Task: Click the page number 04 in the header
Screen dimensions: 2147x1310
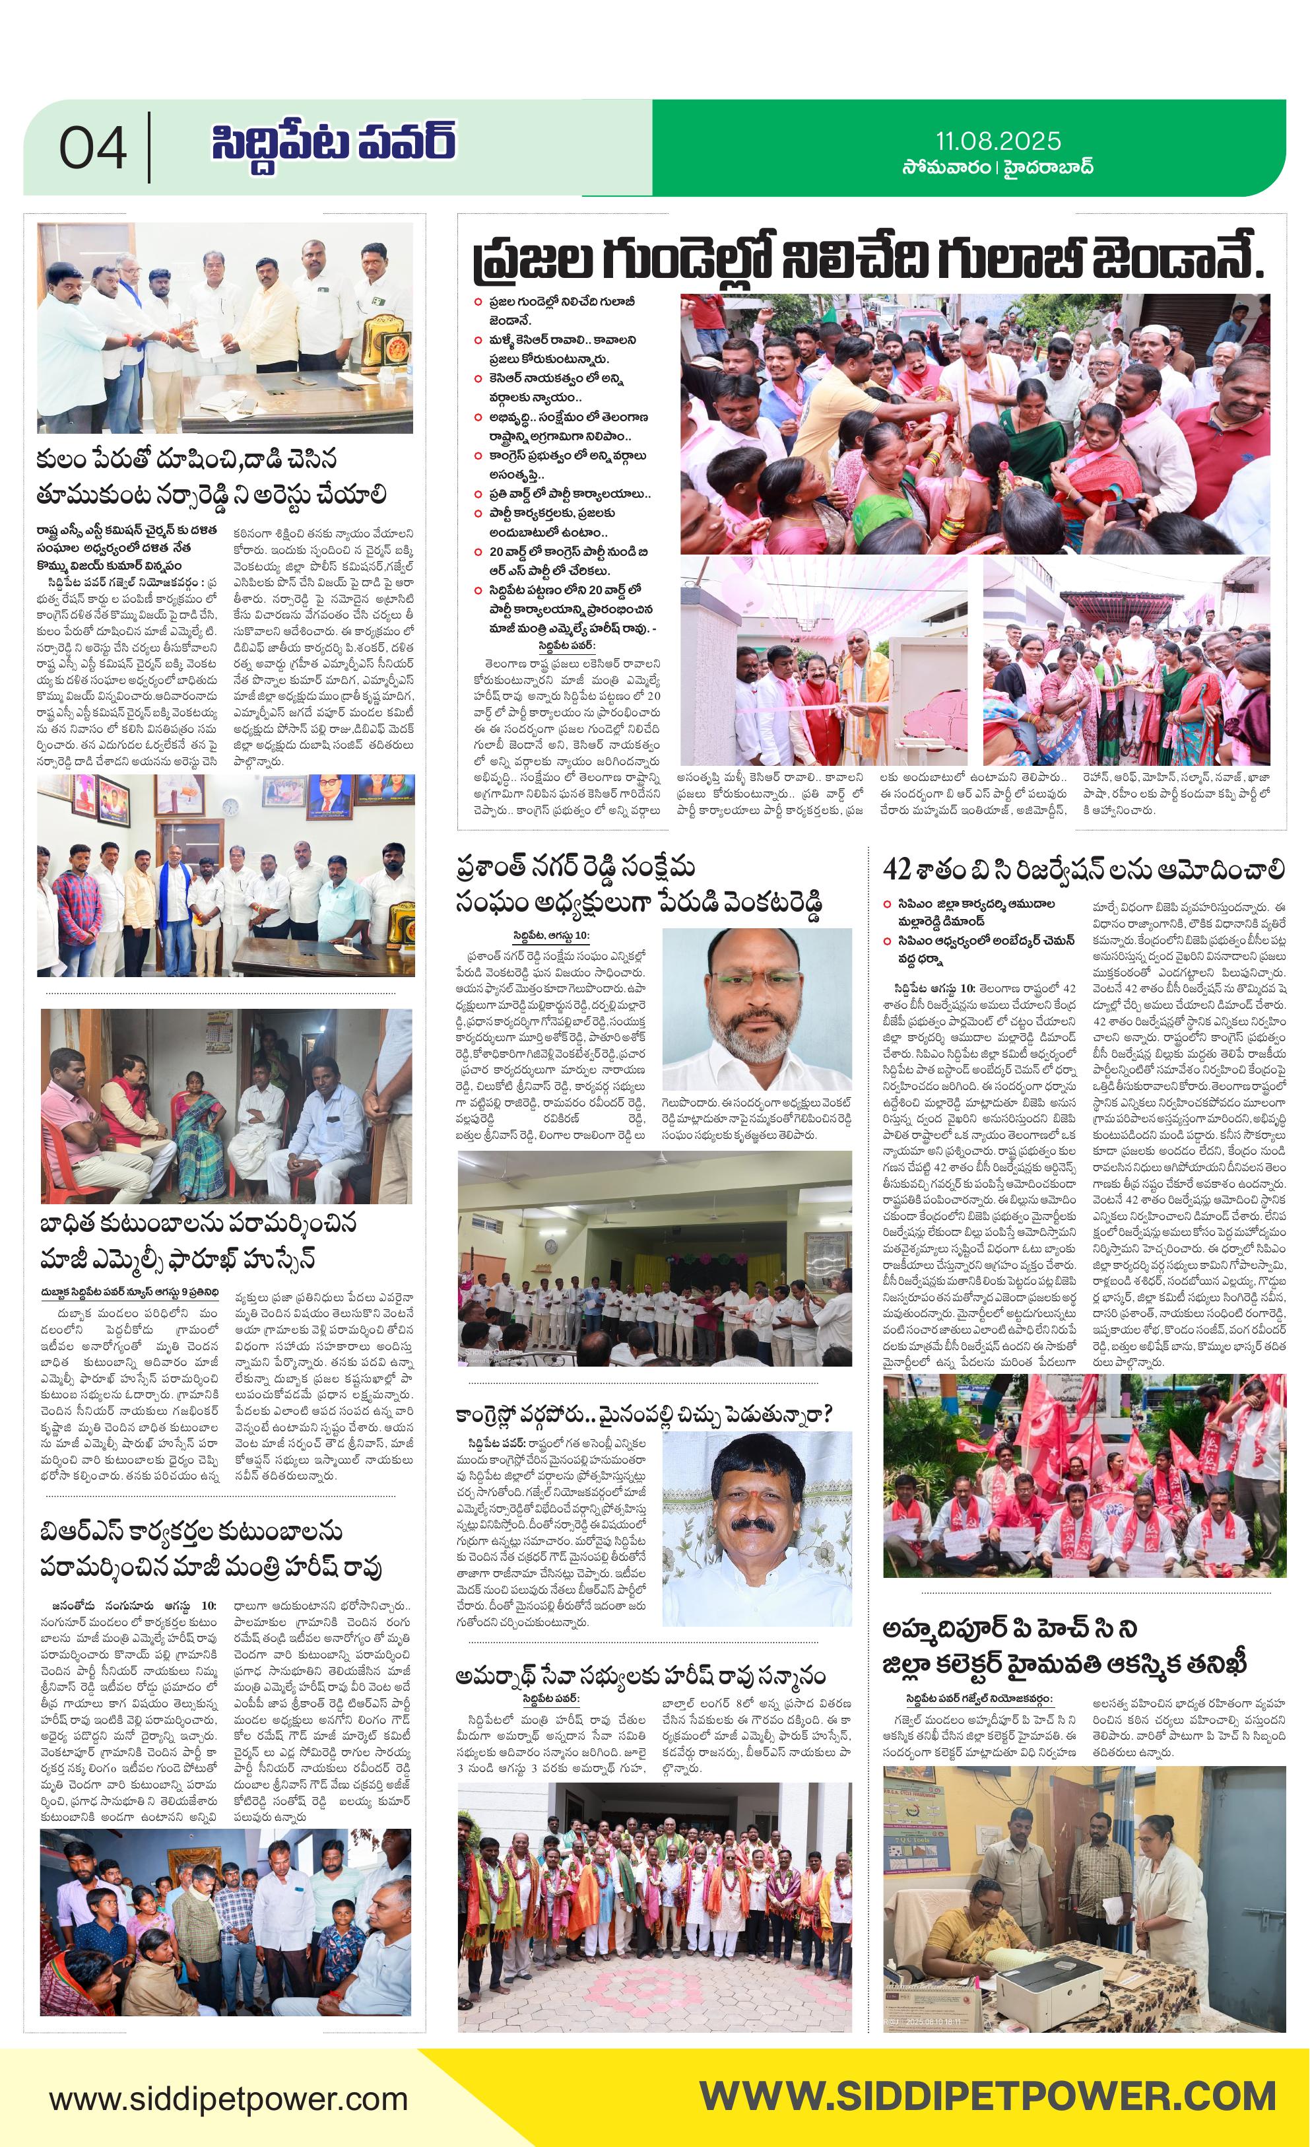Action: click(x=92, y=148)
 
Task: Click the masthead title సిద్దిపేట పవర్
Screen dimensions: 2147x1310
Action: click(x=333, y=143)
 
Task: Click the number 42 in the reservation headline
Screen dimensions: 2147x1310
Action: click(x=896, y=869)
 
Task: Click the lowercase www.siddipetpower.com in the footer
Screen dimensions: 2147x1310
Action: click(x=228, y=2100)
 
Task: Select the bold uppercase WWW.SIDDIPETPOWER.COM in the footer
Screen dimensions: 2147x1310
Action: click(x=988, y=2096)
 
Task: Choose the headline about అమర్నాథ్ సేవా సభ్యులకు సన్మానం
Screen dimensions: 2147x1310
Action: click(x=640, y=1675)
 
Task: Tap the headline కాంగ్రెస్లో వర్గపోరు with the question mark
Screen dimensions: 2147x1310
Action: click(x=645, y=1416)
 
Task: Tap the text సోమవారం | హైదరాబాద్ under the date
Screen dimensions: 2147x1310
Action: click(x=997, y=167)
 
